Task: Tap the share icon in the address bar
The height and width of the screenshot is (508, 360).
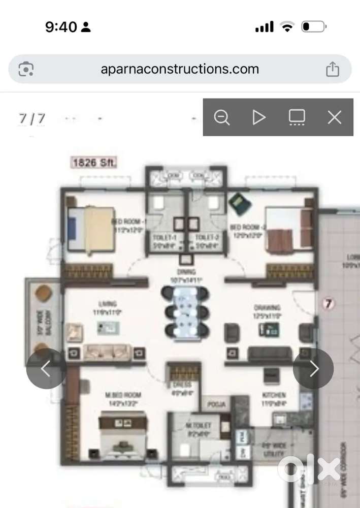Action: (x=333, y=69)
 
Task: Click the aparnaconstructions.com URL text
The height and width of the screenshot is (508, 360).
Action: (x=180, y=69)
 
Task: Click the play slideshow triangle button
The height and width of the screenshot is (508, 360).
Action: (x=259, y=117)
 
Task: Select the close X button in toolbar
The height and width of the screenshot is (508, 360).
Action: (x=334, y=117)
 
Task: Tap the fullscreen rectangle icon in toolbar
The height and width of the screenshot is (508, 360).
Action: (x=297, y=117)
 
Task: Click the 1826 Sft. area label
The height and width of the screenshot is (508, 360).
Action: (x=94, y=163)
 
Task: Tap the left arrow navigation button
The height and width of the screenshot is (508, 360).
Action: (x=46, y=369)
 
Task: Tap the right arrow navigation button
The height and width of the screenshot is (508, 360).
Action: (x=313, y=369)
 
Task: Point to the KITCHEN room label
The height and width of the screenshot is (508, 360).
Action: (x=274, y=395)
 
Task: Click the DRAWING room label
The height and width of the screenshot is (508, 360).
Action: (x=267, y=308)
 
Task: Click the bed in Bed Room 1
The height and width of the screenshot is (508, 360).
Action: (x=91, y=229)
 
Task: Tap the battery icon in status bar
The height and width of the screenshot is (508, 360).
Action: (x=313, y=27)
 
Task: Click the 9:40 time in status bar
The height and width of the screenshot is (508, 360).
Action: (x=60, y=27)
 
